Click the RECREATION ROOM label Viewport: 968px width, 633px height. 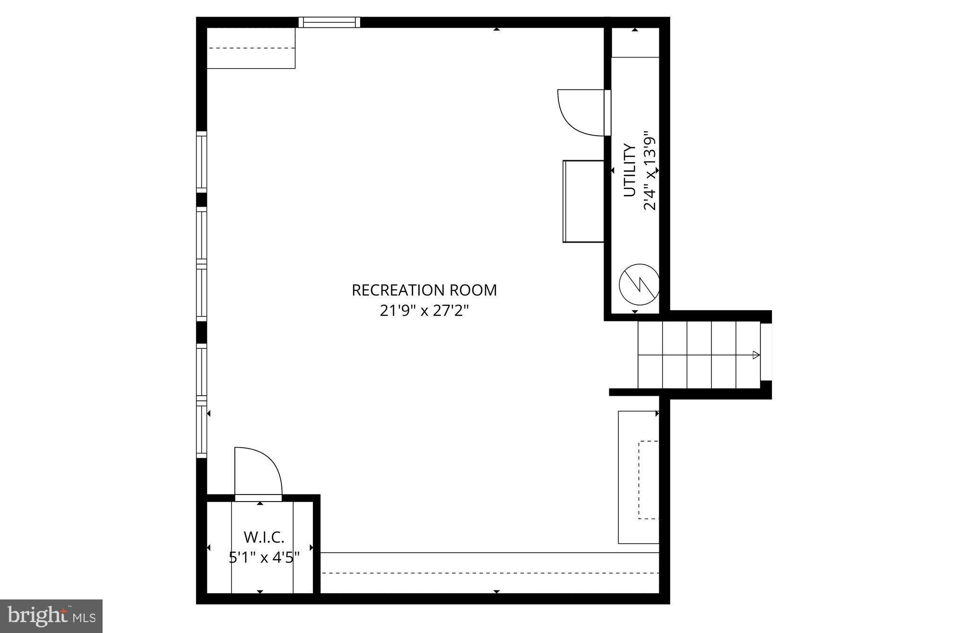click(x=424, y=290)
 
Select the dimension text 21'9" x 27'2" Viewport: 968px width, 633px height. click(x=424, y=311)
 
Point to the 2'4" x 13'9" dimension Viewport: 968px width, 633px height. click(x=650, y=171)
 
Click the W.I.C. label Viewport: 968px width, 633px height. click(x=264, y=537)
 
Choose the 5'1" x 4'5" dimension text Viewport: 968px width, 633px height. click(x=264, y=558)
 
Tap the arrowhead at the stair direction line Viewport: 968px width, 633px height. click(x=756, y=355)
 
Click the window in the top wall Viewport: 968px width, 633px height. click(x=329, y=22)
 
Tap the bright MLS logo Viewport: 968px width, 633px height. click(x=51, y=616)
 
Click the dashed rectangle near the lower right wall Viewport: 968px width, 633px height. click(x=648, y=479)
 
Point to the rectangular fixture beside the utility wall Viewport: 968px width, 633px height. click(x=584, y=201)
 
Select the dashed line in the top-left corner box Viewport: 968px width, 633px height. click(x=251, y=48)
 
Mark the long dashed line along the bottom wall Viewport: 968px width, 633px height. click(x=489, y=573)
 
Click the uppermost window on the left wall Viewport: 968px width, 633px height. click(x=201, y=162)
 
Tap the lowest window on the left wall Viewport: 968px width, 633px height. click(x=201, y=429)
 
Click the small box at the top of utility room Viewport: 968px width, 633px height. click(x=635, y=43)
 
